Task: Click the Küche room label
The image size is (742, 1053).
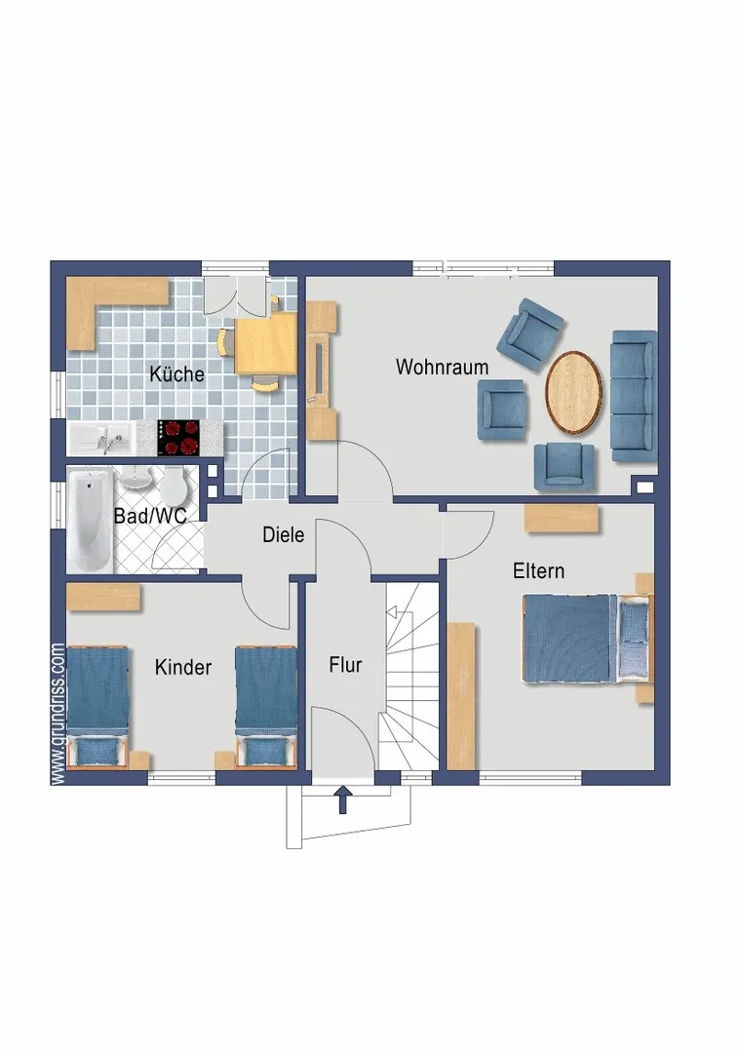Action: coord(176,373)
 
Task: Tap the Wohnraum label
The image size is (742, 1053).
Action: coord(442,367)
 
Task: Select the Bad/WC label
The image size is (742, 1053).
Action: coord(150,516)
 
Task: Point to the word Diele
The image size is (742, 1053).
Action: coord(283,534)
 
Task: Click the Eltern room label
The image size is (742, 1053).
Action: coord(538,570)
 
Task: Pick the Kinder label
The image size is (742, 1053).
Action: coord(182,667)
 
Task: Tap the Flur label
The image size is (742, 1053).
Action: coord(345,665)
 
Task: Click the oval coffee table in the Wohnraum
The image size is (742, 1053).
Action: coord(573,392)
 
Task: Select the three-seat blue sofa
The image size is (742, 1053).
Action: coord(633,396)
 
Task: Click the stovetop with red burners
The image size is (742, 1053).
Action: coord(178,438)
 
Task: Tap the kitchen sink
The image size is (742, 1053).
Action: coord(102,439)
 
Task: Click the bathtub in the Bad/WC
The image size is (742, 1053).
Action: coord(90,520)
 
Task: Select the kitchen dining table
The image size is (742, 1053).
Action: coord(266,343)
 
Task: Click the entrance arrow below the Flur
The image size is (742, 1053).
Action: coord(343,799)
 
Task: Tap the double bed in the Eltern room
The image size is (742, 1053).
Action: coord(587,638)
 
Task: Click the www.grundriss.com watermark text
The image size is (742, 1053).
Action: coord(58,714)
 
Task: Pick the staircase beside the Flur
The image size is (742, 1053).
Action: coord(411,677)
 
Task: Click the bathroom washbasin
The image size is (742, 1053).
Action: coord(137,478)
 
